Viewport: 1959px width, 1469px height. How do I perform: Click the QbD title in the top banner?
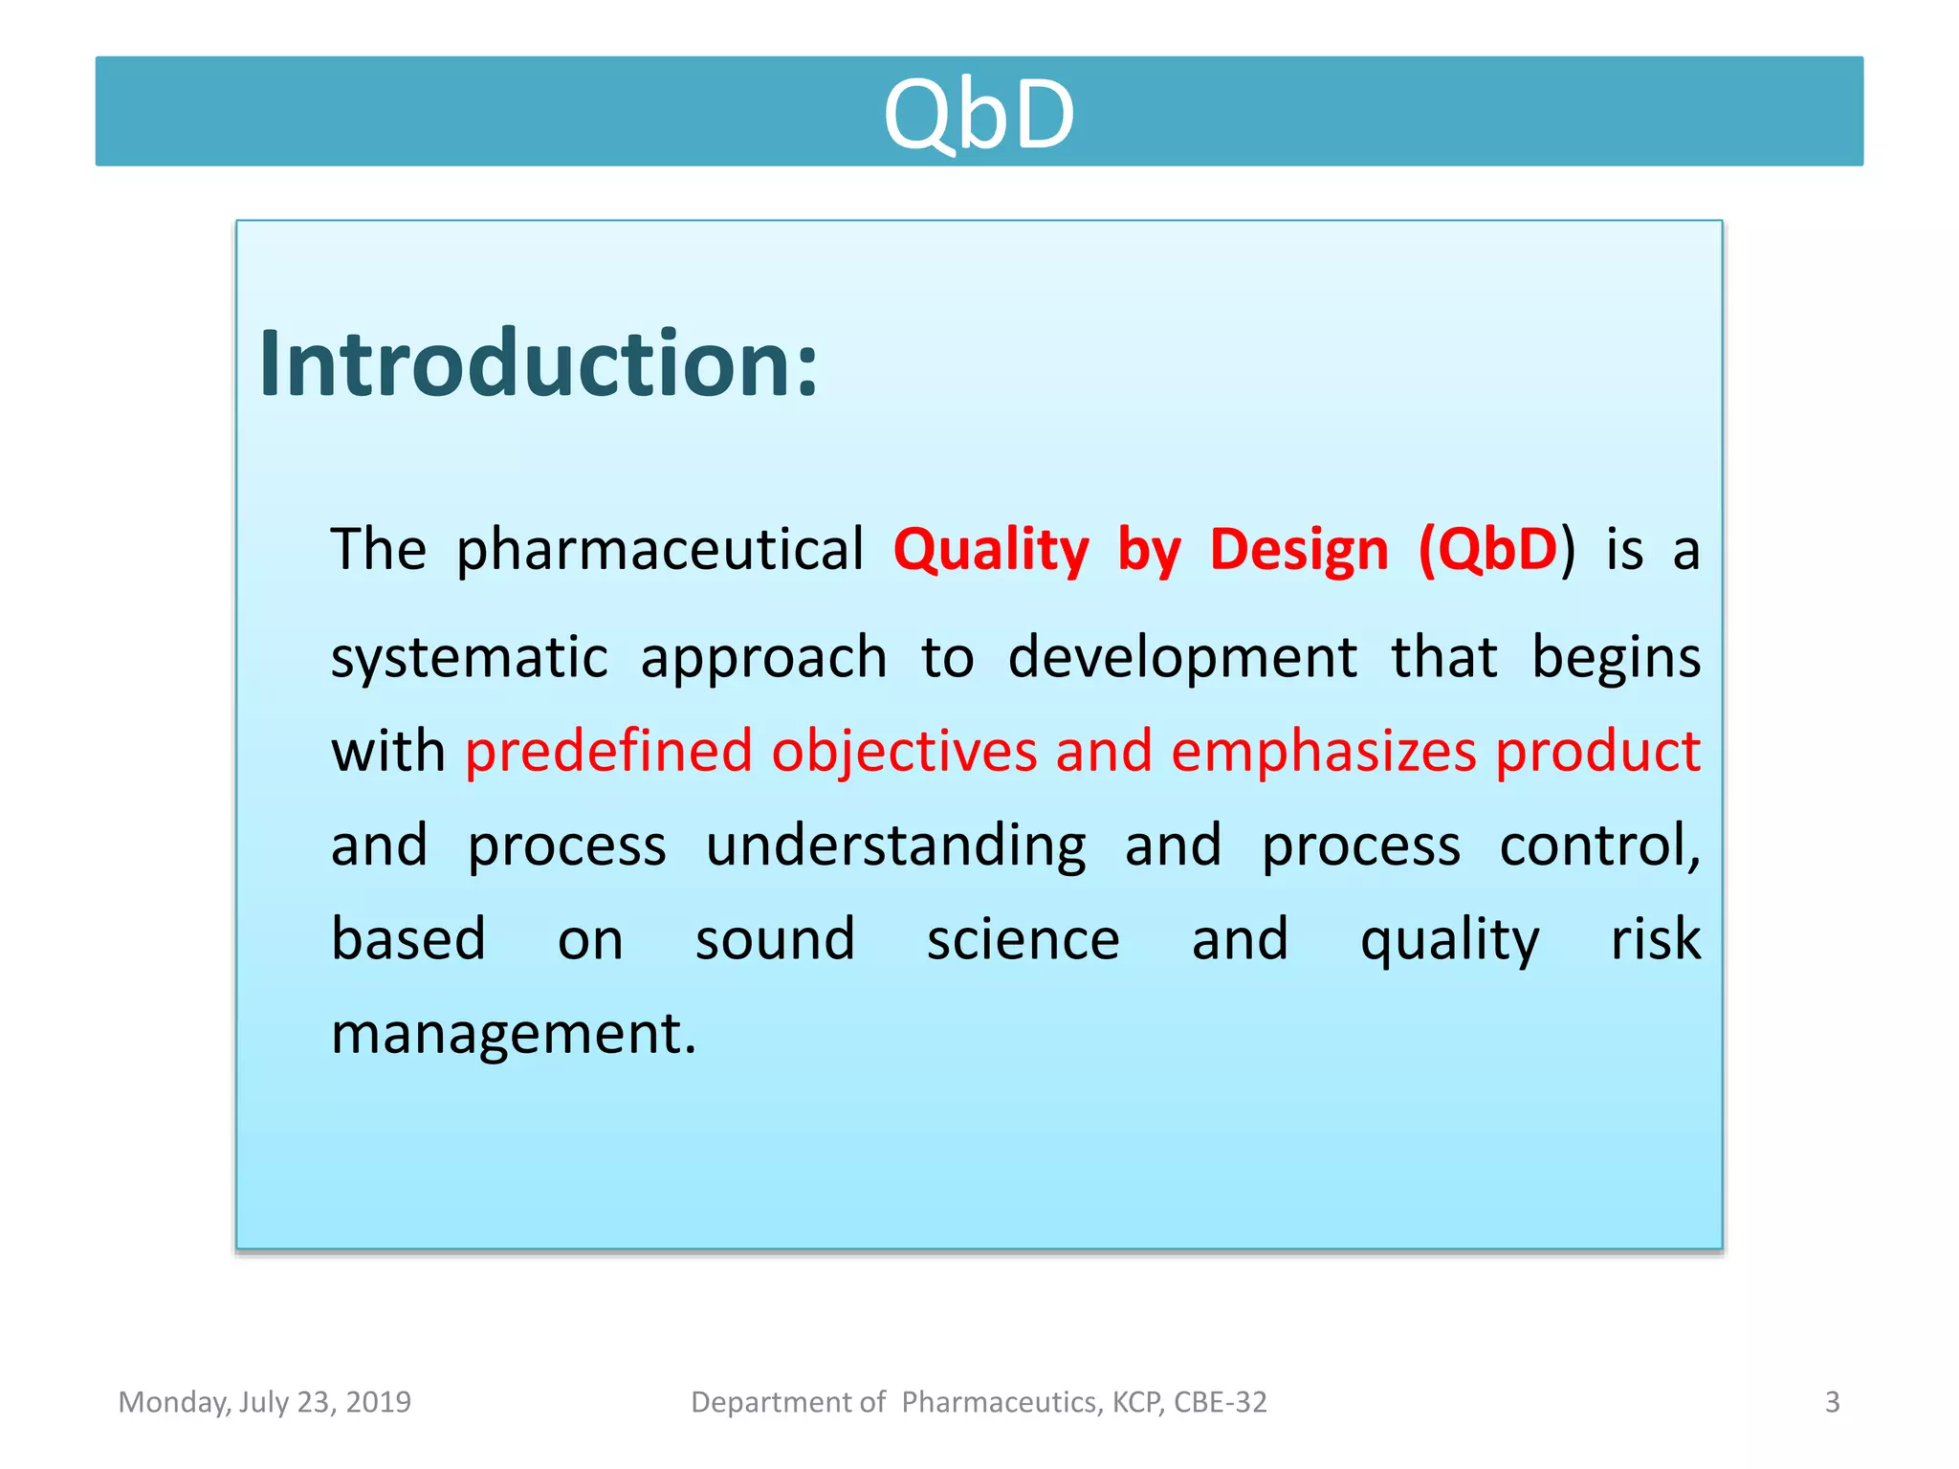pos(979,115)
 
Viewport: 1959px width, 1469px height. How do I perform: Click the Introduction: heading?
pos(539,364)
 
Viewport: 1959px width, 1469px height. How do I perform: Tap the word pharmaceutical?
pos(659,550)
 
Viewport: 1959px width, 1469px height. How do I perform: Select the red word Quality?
pos(991,551)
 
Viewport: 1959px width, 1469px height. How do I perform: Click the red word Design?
pos(1298,550)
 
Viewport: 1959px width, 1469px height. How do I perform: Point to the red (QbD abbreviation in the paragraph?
pos(1488,550)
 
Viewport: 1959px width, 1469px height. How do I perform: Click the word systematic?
pos(469,658)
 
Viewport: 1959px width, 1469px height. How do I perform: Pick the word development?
pos(1182,658)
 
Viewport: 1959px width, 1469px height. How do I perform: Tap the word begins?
pos(1616,658)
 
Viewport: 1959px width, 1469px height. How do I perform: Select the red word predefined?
pos(608,751)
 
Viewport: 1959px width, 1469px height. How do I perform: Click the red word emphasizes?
pos(1324,751)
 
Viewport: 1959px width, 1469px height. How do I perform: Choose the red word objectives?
pos(904,751)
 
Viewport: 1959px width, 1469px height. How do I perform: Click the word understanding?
pos(895,845)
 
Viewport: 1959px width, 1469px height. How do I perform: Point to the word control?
pos(1599,845)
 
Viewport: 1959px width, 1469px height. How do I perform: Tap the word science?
pos(1023,939)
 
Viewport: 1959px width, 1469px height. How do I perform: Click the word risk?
pos(1656,939)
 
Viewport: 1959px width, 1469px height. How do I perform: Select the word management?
pos(513,1034)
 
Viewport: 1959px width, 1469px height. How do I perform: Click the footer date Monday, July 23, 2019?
pos(264,1402)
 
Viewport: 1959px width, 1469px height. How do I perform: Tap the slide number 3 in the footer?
pos(1832,1402)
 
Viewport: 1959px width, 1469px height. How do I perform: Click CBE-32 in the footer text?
pos(1220,1402)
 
